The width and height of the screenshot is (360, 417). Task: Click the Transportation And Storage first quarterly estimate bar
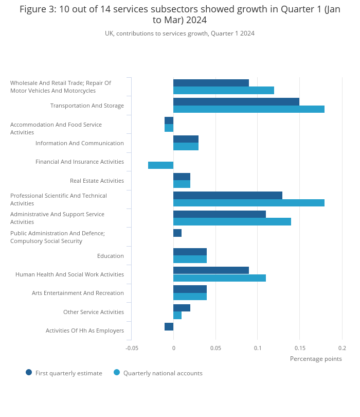[236, 101]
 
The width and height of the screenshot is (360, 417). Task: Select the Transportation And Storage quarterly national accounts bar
[248, 109]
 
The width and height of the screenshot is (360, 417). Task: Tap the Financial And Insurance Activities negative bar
[160, 165]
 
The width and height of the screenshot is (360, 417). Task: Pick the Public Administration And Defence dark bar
[177, 233]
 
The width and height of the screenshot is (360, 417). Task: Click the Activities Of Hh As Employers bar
[169, 326]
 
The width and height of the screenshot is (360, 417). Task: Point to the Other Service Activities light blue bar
[177, 316]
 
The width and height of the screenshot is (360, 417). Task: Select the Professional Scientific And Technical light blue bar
[248, 203]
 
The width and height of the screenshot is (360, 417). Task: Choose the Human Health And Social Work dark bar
[211, 270]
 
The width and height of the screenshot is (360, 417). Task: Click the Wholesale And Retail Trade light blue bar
[223, 91]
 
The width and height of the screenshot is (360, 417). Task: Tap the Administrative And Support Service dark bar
[219, 214]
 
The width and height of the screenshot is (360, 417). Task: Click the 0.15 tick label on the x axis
[300, 348]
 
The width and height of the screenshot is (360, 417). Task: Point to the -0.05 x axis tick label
[132, 348]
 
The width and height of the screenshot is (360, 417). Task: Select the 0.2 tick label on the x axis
[342, 348]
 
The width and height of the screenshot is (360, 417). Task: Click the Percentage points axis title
[316, 359]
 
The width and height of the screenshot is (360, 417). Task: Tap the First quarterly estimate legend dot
[29, 372]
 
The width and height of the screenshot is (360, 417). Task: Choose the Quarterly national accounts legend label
[163, 373]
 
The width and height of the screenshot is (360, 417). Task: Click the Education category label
[110, 256]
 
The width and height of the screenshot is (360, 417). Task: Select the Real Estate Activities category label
[97, 181]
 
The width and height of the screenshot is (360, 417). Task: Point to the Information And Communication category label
[79, 143]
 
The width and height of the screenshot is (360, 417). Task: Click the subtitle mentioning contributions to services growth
[179, 33]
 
